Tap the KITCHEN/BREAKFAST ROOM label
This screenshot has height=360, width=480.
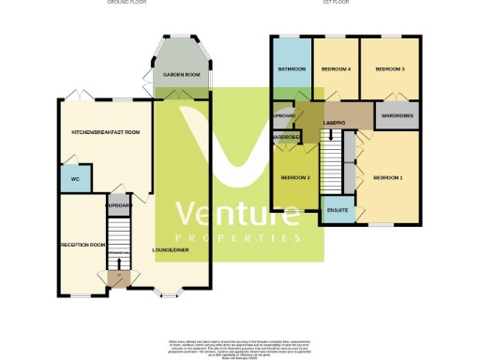[x=105, y=133]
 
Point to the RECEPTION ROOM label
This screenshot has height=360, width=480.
[x=82, y=245]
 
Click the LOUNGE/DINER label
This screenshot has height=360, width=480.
[x=170, y=250]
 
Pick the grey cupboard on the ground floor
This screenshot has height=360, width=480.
[x=117, y=202]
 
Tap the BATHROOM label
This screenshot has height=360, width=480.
[x=291, y=69]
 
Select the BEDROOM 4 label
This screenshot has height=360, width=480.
[x=336, y=69]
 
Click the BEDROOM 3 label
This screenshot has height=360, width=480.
[x=389, y=69]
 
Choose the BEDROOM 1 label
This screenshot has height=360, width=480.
[x=387, y=178]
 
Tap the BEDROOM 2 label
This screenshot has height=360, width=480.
[x=295, y=178]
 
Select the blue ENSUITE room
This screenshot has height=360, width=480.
[x=337, y=210]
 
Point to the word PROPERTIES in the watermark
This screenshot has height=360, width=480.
[x=239, y=239]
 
